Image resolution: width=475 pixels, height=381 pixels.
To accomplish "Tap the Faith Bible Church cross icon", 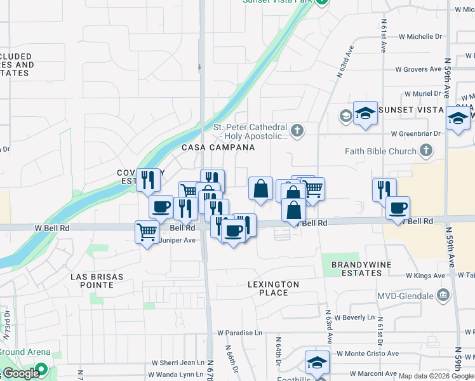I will point(426,151).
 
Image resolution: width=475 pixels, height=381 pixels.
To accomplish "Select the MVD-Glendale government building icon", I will point(443,295).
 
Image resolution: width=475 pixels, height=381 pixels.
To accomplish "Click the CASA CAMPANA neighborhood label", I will point(218,147).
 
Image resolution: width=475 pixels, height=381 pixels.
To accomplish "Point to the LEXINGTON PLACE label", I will point(273,288).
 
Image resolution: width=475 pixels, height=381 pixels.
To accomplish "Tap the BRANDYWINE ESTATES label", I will point(356,269).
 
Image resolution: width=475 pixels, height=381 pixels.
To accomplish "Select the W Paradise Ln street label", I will point(239,333).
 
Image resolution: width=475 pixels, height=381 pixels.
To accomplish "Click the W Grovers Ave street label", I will point(418,69).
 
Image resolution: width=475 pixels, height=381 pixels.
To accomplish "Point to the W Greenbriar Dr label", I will point(416,134).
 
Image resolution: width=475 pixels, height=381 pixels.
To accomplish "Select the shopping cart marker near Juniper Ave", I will point(147,232).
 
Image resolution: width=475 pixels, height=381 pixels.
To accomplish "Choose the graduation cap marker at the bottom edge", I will point(317,362).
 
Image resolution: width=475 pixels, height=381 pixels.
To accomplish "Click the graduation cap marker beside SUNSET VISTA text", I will point(365,113).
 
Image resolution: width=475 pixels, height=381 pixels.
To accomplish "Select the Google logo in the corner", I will point(21,373).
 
